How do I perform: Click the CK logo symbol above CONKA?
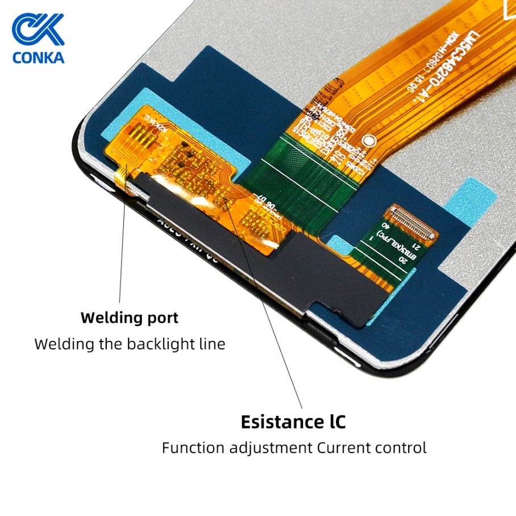tap(38, 30)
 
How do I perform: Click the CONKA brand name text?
tap(38, 57)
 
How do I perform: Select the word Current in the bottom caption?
tap(343, 448)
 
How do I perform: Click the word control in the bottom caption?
tap(401, 448)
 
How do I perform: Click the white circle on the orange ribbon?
tap(368, 139)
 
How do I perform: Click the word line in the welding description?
tap(212, 344)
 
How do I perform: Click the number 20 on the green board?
tap(402, 260)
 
